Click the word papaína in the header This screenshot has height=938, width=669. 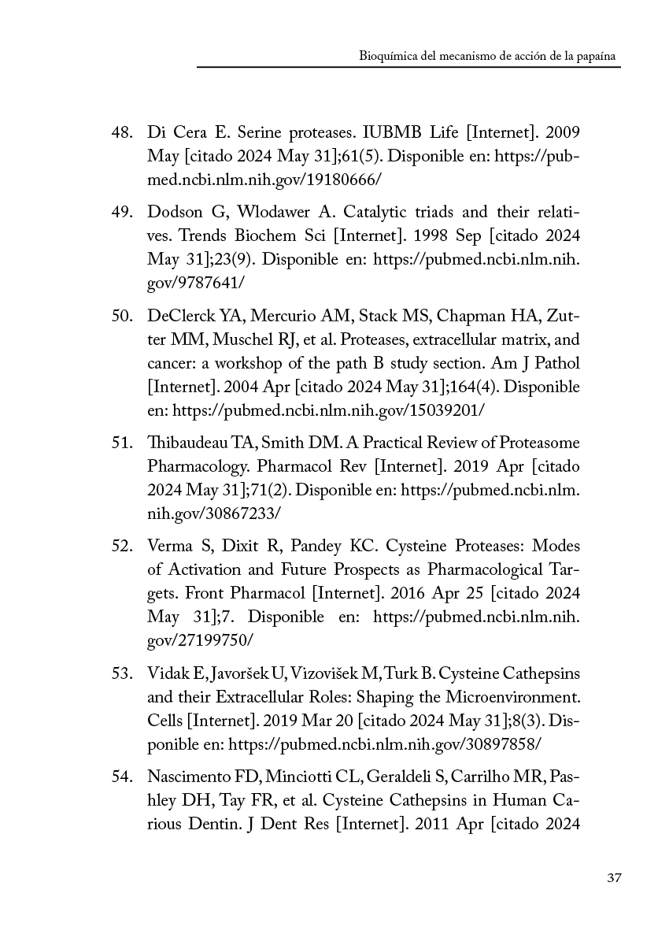pos(598,57)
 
